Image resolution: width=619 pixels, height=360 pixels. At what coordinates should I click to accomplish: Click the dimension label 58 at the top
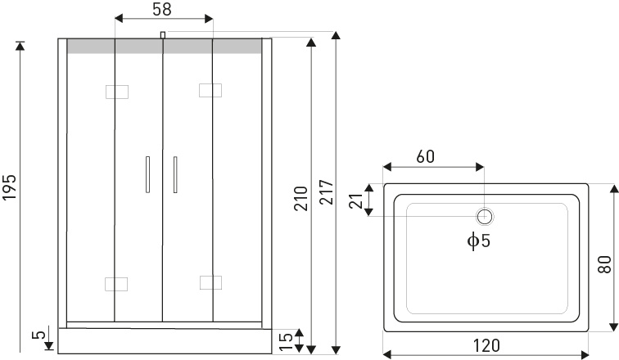point(162,10)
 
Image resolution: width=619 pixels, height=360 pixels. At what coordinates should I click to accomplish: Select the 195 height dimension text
point(10,187)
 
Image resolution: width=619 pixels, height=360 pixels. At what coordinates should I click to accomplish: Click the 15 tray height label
point(284,340)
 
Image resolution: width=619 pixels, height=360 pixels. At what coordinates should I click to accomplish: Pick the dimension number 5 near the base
point(37,335)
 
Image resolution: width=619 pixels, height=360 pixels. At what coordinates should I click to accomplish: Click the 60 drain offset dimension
point(425,156)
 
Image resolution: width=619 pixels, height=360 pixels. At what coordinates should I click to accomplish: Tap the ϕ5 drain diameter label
point(478,241)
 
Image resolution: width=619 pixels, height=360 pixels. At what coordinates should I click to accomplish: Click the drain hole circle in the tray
point(485,216)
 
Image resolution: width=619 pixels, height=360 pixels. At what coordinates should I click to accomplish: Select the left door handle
point(147,174)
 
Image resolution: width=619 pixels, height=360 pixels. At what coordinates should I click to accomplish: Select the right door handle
point(174,174)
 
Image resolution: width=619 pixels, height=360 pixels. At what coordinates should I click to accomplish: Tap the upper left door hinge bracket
point(117,91)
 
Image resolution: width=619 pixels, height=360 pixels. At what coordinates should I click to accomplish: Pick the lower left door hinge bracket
point(117,284)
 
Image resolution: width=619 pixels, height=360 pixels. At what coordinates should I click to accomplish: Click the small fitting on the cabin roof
point(163,34)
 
